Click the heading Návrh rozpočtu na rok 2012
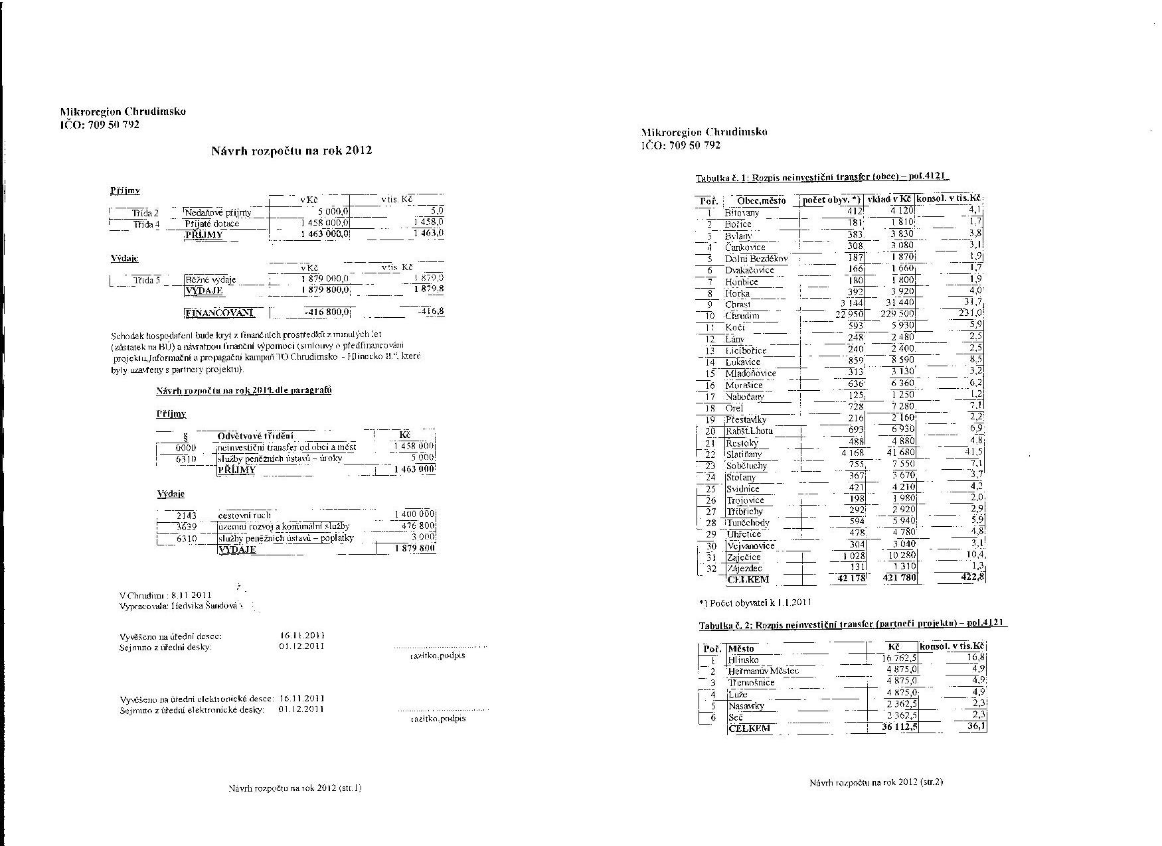291,151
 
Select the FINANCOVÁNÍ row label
220,313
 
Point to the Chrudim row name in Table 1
742,316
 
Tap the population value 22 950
849,315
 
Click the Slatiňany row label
744,455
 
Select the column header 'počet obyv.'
831,200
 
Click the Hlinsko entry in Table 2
743,660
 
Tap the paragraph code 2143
186,515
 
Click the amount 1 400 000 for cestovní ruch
414,514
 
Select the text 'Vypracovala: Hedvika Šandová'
180,606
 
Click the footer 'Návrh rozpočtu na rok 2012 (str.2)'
876,782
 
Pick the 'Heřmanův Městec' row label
763,671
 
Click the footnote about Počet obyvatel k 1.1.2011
755,603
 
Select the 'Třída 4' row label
146,224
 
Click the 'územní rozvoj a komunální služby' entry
284,526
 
